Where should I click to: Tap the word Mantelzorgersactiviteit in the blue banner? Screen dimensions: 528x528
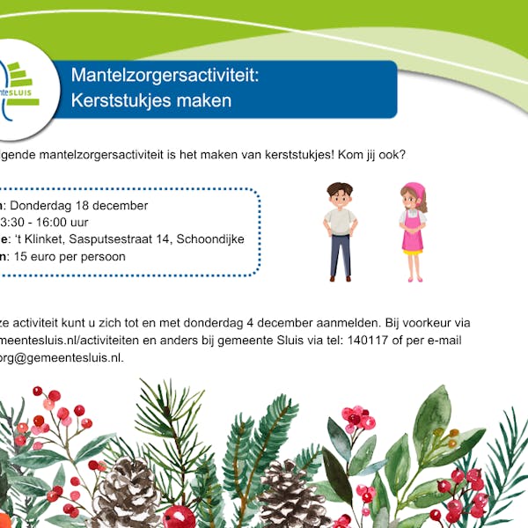point(165,76)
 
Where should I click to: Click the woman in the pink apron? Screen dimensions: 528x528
point(412,232)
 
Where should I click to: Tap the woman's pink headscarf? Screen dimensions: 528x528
point(412,189)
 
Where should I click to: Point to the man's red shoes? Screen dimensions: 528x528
point(341,276)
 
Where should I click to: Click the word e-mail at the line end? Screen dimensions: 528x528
point(443,340)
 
